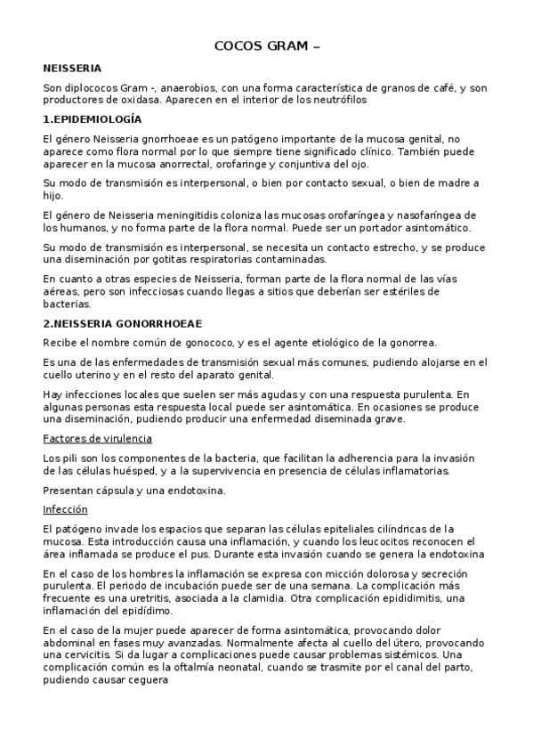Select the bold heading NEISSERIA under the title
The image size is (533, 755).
pyautogui.click(x=72, y=68)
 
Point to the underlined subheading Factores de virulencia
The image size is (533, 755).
pyautogui.click(x=98, y=438)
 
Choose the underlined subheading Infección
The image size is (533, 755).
pyautogui.click(x=66, y=509)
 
